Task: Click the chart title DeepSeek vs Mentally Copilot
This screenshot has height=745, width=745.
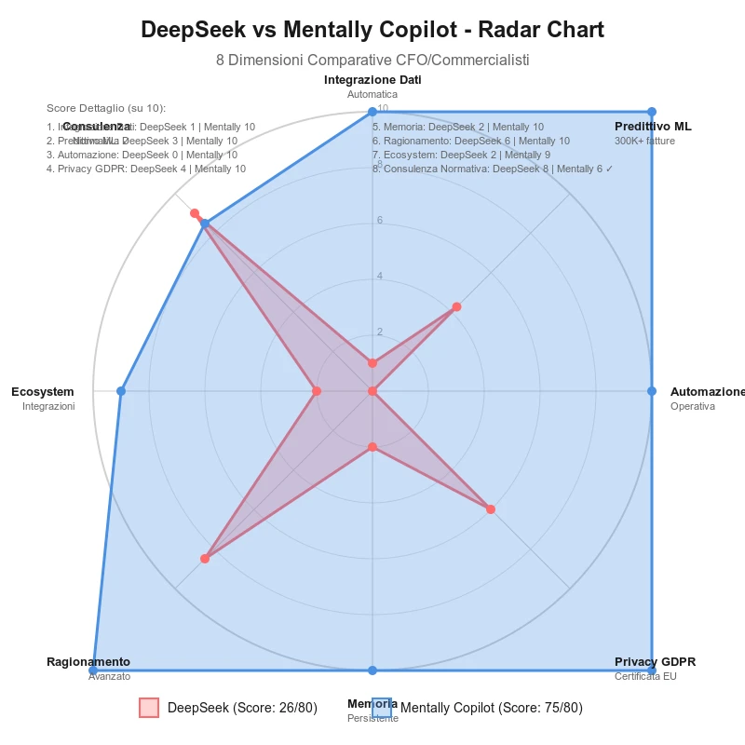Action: click(372, 30)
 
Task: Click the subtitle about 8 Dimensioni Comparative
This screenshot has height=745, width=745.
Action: click(372, 61)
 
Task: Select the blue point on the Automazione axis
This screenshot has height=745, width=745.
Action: click(651, 391)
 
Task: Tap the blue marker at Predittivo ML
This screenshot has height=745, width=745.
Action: click(651, 112)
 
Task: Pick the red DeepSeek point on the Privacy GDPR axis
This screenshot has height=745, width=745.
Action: click(491, 509)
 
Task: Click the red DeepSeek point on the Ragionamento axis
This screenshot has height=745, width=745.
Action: click(205, 559)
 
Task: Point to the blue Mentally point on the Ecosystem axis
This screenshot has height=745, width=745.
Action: click(121, 391)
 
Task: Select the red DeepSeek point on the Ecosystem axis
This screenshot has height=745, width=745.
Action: click(317, 391)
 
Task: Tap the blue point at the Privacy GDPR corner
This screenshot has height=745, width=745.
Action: click(651, 670)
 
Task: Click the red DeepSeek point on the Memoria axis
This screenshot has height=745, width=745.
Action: click(372, 448)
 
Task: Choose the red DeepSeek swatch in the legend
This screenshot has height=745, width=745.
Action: click(149, 708)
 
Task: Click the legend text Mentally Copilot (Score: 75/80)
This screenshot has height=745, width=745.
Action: click(492, 708)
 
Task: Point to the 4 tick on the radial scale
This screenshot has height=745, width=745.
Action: click(379, 276)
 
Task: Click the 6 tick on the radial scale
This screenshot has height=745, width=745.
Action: click(379, 220)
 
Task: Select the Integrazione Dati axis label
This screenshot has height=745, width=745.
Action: click(372, 80)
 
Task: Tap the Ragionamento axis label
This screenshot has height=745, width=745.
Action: click(88, 662)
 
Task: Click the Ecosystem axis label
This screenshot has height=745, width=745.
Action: click(43, 392)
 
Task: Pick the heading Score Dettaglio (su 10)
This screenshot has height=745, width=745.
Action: click(106, 109)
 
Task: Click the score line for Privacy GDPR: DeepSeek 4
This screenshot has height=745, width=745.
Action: click(146, 169)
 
